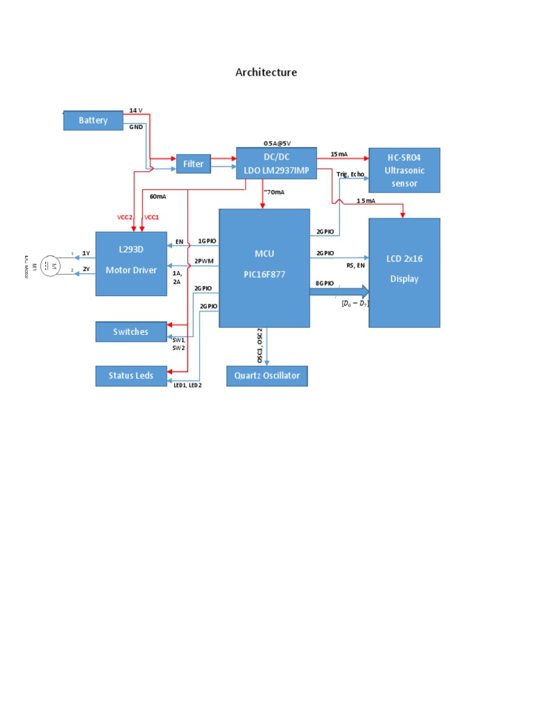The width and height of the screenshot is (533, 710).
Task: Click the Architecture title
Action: tap(266, 72)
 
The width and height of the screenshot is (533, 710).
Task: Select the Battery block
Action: tap(93, 121)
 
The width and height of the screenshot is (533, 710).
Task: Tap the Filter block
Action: tap(194, 164)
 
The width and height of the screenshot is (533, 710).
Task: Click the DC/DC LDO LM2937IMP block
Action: tap(276, 164)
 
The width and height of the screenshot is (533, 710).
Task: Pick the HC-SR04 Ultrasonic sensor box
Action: tap(404, 170)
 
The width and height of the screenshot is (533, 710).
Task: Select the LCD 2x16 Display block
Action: tap(404, 272)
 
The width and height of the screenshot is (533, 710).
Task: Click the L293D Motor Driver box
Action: tap(130, 263)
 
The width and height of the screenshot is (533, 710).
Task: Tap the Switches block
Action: tap(130, 331)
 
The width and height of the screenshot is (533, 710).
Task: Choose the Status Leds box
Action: tap(130, 376)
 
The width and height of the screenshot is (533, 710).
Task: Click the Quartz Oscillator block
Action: tap(266, 376)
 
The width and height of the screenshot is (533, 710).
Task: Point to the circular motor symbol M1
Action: tap(49, 266)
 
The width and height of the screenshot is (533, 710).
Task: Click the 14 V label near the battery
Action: tap(136, 111)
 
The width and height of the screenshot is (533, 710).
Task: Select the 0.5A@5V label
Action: tap(277, 142)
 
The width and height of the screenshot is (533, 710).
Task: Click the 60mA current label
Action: tap(158, 196)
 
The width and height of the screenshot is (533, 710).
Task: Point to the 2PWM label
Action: tap(203, 261)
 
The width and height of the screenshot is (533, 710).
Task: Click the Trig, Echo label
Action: tap(350, 175)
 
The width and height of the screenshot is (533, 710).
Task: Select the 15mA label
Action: tap(339, 154)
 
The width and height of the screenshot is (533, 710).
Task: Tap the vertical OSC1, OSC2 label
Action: tap(260, 346)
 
